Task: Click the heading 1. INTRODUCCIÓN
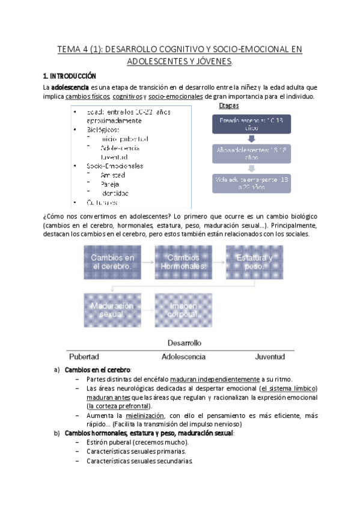[x=69, y=76]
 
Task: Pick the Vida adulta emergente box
[x=252, y=183]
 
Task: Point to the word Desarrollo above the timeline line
[x=183, y=342]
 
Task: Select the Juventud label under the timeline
[x=269, y=356]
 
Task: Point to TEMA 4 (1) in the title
[x=79, y=49]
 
